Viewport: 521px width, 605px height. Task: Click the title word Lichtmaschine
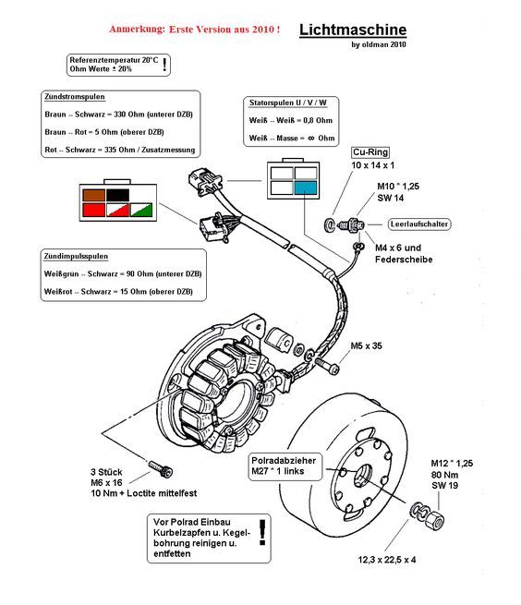pyautogui.click(x=353, y=30)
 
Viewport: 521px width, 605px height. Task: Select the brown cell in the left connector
pyautogui.click(x=94, y=195)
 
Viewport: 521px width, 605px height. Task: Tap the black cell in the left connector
pyautogui.click(x=117, y=195)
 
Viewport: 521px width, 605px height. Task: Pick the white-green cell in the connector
pyautogui.click(x=141, y=210)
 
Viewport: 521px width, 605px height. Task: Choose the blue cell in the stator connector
pyautogui.click(x=306, y=188)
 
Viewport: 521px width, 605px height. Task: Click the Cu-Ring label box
pyautogui.click(x=370, y=152)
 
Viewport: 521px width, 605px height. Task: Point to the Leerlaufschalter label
pyautogui.click(x=419, y=224)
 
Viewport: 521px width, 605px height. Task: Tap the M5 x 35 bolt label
pyautogui.click(x=366, y=345)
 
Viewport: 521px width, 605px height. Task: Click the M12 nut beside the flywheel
pyautogui.click(x=434, y=520)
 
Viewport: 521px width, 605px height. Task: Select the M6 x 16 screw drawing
pyautogui.click(x=161, y=469)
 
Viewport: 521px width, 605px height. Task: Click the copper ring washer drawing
pyautogui.click(x=329, y=224)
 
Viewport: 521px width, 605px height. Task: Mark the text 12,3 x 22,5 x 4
pyautogui.click(x=387, y=560)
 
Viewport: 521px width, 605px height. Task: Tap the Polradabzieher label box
pyautogui.click(x=285, y=466)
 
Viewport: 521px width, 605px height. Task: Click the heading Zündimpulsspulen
pyautogui.click(x=76, y=256)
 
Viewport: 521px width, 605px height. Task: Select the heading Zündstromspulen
pyautogui.click(x=75, y=96)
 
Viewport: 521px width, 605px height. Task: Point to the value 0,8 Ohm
pyautogui.click(x=318, y=120)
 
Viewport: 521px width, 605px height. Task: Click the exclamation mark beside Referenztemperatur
pyautogui.click(x=164, y=65)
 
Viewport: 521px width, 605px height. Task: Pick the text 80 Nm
pyautogui.click(x=444, y=475)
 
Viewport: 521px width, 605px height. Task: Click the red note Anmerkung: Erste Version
pyautogui.click(x=195, y=30)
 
